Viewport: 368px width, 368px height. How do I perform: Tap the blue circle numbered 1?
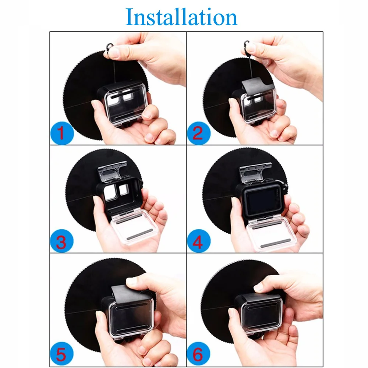pyautogui.click(x=62, y=133)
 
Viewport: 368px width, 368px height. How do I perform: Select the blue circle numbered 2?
pyautogui.click(x=199, y=133)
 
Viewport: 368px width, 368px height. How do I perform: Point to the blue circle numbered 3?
pyautogui.click(x=62, y=241)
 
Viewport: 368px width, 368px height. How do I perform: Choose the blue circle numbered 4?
pyautogui.click(x=199, y=241)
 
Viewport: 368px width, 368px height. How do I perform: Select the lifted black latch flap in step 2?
pyautogui.click(x=258, y=85)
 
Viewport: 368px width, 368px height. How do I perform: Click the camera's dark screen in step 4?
pyautogui.click(x=261, y=200)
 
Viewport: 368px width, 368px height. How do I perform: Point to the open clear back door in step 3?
pyautogui.click(x=134, y=227)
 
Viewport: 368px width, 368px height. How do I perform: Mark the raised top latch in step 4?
pyautogui.click(x=255, y=173)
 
